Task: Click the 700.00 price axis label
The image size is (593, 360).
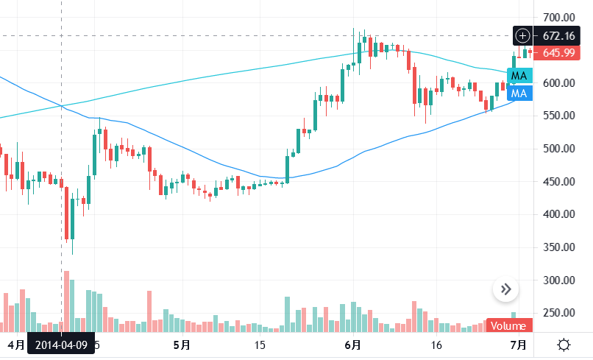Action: coord(558,17)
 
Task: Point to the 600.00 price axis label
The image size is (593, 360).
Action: coord(558,83)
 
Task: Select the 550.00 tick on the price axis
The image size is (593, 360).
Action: coord(558,116)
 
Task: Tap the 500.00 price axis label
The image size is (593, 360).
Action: coord(558,149)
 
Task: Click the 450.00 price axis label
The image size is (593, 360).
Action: coord(558,182)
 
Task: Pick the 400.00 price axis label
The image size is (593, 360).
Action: coord(558,214)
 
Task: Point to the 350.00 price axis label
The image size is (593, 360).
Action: coord(558,247)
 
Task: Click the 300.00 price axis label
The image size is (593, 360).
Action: coord(558,280)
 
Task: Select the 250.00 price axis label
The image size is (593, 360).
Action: coord(558,313)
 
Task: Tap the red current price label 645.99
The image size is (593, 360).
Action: coord(557,52)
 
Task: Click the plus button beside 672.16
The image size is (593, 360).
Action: coord(522,35)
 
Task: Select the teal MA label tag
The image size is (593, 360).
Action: coord(519,76)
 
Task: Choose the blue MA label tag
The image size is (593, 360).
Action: coord(519,93)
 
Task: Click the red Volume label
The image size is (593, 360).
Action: coord(508,326)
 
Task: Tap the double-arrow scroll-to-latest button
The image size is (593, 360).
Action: coord(505,289)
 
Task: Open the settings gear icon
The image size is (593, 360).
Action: coord(564,345)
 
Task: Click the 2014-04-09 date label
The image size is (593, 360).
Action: coord(61,345)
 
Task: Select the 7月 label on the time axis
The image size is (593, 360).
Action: coord(518,345)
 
